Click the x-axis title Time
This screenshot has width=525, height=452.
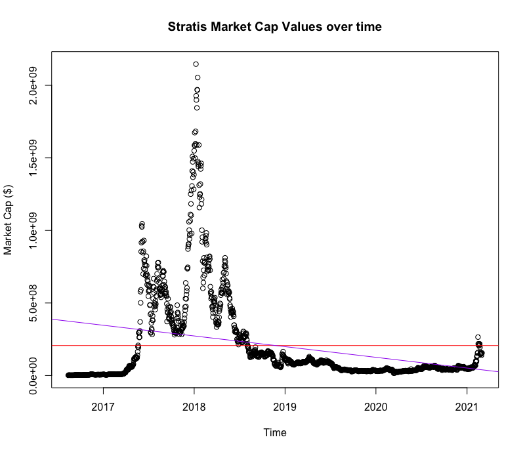(x=274, y=432)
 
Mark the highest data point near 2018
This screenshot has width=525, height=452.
(x=196, y=64)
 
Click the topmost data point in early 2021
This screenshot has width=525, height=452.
(x=478, y=337)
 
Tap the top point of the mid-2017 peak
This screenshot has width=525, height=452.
(x=142, y=224)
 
